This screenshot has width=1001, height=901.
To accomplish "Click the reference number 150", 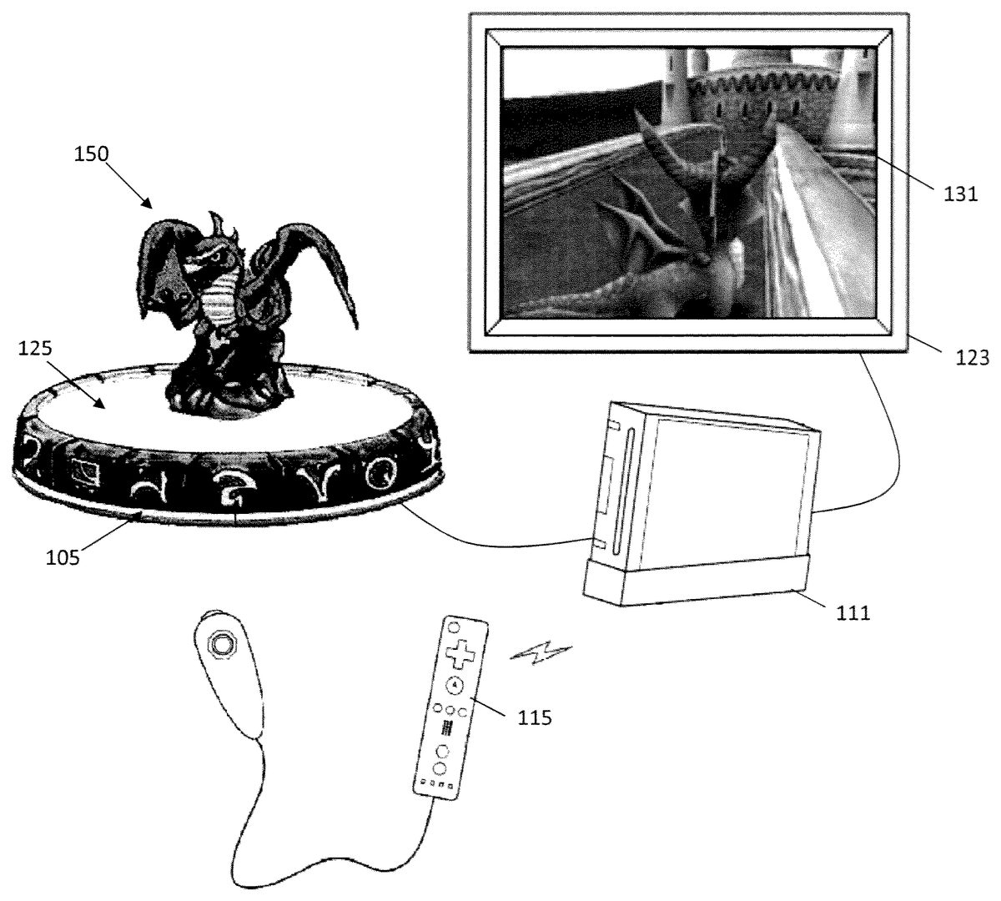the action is (91, 154).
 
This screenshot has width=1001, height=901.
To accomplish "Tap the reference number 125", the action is (35, 348).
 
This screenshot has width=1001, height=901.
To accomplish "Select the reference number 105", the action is (63, 557).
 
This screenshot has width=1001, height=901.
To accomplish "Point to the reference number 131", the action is (961, 194).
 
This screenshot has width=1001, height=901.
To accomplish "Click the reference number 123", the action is (973, 358).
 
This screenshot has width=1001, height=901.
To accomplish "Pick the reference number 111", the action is (853, 612).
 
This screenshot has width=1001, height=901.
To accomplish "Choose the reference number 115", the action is (535, 717).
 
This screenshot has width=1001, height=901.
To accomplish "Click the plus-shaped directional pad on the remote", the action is (459, 653).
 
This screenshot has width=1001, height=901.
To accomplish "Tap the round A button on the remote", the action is (454, 685).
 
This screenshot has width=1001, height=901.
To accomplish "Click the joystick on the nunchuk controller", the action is (220, 644).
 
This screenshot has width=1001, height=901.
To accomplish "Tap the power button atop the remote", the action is (454, 626).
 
